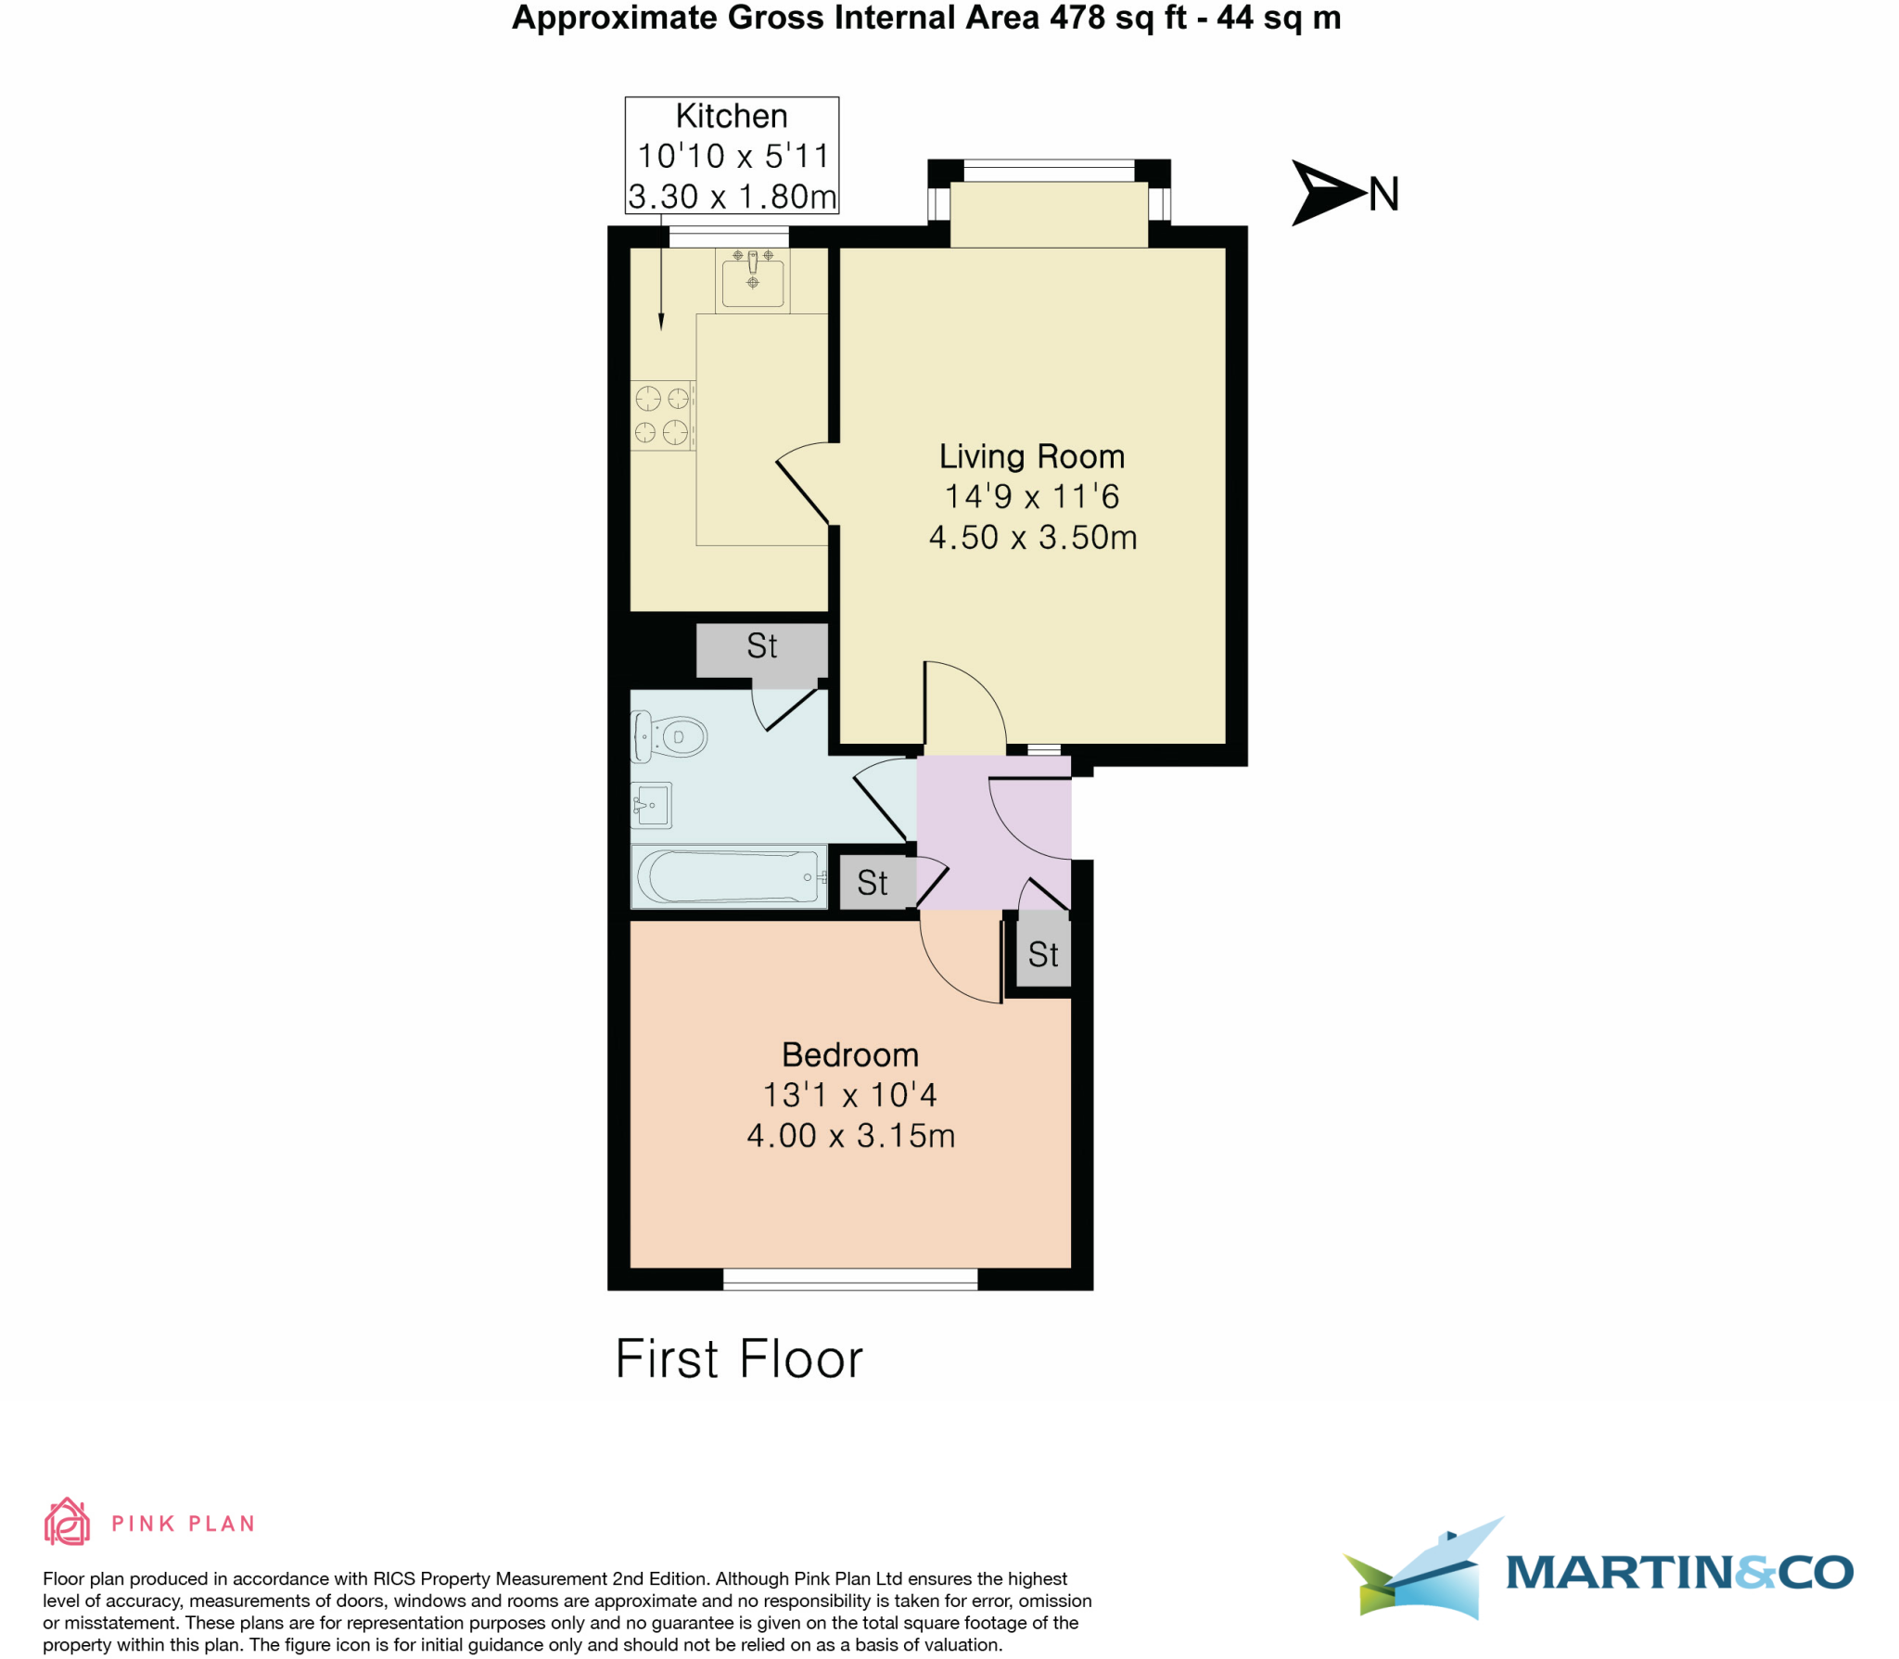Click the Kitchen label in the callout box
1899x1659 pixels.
coord(731,117)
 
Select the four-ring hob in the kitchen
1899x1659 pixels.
coord(662,415)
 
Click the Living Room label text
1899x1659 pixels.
coord(1031,456)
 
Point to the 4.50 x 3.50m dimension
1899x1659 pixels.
coord(1032,538)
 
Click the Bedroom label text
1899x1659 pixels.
coord(849,1054)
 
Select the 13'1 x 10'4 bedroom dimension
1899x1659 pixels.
coord(849,1095)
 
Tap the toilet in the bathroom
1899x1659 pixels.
coord(669,737)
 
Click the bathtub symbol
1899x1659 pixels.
coord(729,876)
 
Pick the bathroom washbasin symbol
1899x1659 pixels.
coord(651,805)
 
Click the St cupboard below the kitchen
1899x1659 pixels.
coord(761,646)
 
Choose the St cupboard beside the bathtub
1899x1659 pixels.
coord(872,883)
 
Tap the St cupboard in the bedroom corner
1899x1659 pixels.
coord(1043,954)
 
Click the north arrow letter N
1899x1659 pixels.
coord(1383,195)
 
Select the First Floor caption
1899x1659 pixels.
coord(739,1359)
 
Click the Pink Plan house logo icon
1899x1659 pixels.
coord(67,1523)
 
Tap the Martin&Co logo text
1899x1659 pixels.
coord(1678,1574)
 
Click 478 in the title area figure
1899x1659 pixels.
coord(1079,18)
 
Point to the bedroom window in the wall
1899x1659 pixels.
coord(849,1280)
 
